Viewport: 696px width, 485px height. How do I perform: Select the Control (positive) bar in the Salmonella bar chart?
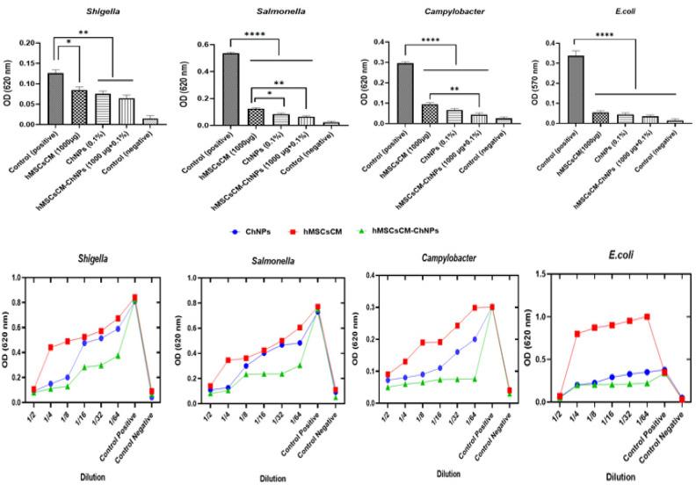230,88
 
